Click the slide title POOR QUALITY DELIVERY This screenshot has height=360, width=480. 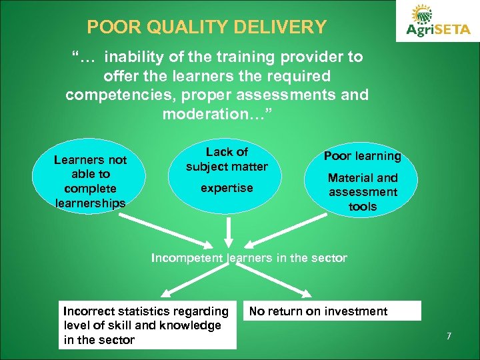coord(207,27)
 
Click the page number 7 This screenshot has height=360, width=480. coord(449,336)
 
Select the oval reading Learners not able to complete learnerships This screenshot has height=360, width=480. coord(90,181)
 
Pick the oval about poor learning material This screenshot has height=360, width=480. coord(363,181)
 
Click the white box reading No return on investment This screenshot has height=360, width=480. coord(332,311)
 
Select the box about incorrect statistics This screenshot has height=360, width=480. coord(147,325)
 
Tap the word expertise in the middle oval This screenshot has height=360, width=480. coord(227,188)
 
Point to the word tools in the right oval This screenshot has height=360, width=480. coord(363,207)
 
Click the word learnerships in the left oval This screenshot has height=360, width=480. coord(90,203)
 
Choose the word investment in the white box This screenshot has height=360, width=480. coord(355,311)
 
